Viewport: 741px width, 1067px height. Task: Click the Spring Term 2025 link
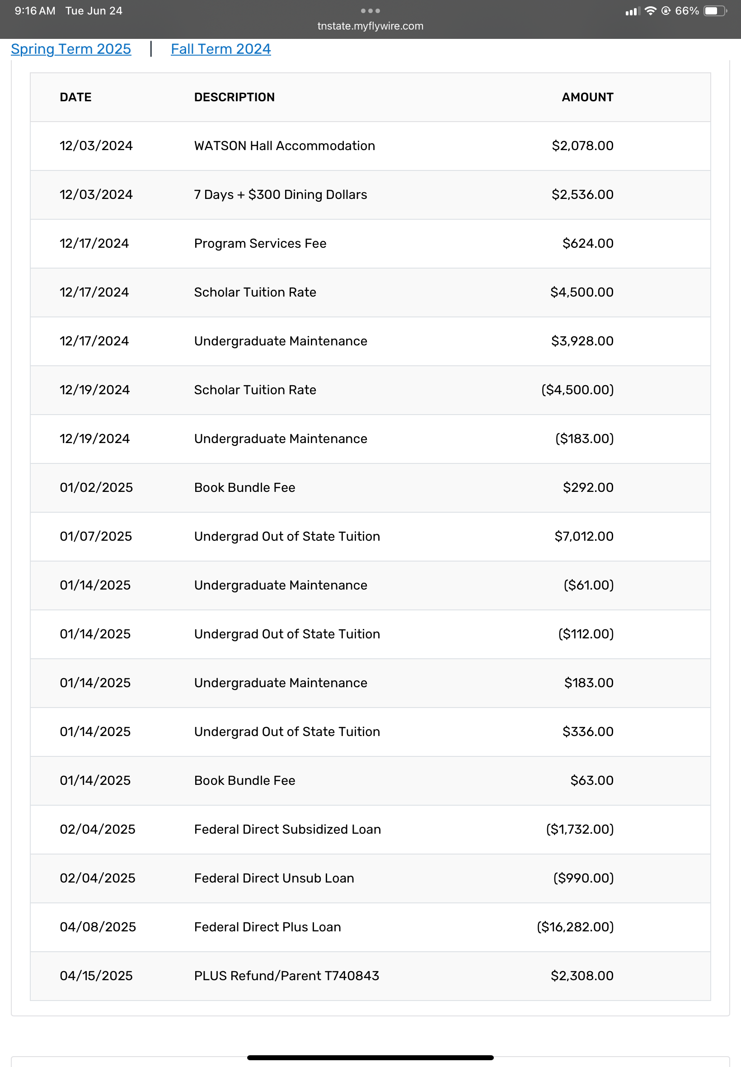71,49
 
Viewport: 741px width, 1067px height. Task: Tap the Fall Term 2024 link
220,49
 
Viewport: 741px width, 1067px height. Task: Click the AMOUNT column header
587,97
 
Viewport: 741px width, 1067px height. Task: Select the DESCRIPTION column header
234,97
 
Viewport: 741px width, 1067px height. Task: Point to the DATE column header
75,97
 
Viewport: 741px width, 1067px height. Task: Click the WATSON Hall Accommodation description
284,146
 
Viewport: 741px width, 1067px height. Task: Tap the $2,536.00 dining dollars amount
582,194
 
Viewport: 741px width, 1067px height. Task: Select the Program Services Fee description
260,243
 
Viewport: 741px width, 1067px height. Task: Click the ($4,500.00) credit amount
577,390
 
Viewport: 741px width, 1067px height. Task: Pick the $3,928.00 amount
582,341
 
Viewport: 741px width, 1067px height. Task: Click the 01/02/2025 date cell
96,487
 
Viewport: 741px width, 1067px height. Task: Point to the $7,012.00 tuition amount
584,536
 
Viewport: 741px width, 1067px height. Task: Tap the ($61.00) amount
588,585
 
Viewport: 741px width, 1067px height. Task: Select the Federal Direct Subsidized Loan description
287,829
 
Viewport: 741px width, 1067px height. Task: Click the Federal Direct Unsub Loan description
274,878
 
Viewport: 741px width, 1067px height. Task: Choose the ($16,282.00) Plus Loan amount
575,927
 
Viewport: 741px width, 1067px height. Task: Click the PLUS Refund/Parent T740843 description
286,976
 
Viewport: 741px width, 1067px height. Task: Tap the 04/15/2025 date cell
96,976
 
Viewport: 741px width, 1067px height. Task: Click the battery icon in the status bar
714,11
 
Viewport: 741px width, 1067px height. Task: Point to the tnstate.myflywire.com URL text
370,26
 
